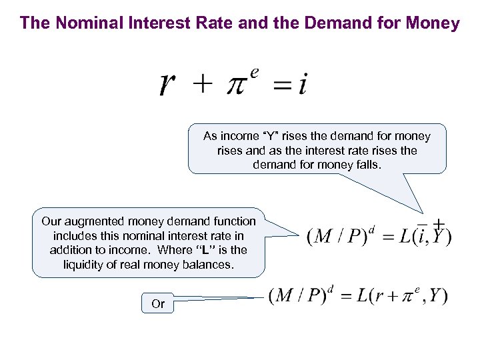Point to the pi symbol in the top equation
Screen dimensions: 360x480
click(x=238, y=87)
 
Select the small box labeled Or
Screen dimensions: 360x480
click(x=158, y=304)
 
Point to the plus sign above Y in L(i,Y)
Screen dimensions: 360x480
click(x=439, y=223)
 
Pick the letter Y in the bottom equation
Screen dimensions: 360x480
click(x=437, y=297)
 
